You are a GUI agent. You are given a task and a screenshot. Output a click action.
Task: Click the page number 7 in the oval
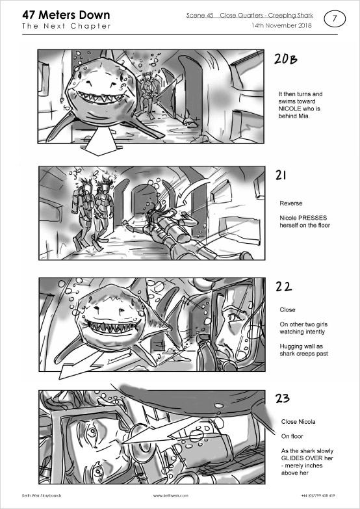point(335,19)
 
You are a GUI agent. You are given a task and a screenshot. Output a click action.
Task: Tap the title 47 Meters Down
point(66,15)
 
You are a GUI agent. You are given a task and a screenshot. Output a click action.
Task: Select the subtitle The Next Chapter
point(66,26)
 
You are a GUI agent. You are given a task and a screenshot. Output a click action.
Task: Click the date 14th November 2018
point(281,25)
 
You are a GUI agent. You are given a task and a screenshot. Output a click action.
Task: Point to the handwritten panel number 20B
point(286,59)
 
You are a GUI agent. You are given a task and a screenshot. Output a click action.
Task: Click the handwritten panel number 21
point(281,175)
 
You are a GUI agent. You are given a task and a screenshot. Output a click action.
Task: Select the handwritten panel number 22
point(283,286)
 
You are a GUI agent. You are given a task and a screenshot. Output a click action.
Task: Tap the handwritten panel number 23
point(282,398)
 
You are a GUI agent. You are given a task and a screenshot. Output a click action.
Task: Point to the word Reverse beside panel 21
point(291,203)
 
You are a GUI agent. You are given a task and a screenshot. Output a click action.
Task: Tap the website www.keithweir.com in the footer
point(171,496)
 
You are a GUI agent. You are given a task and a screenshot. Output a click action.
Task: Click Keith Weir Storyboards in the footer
point(42,496)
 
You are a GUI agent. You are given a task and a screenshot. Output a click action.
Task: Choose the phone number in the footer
point(318,496)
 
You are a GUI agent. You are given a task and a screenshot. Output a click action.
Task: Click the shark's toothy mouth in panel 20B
point(100,97)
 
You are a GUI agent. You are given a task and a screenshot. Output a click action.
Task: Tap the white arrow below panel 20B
point(99,142)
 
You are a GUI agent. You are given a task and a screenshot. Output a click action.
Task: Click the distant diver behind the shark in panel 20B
point(147,94)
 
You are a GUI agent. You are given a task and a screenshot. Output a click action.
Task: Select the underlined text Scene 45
point(199,16)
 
